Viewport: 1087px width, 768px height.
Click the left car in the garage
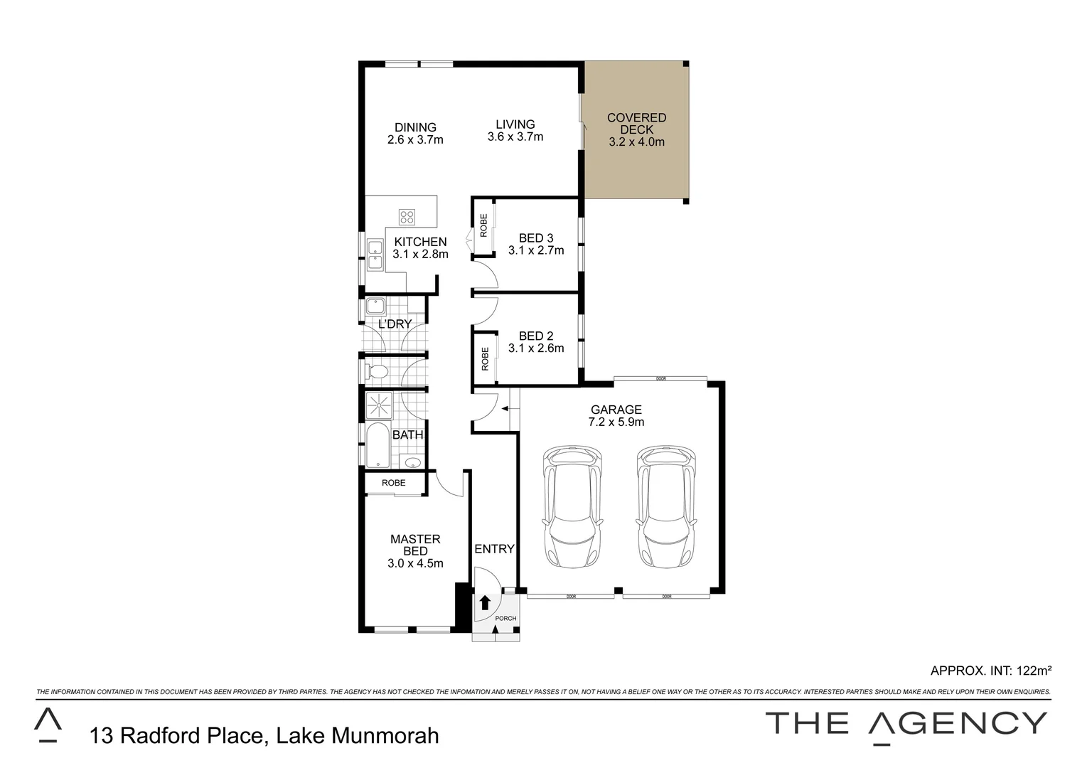point(572,507)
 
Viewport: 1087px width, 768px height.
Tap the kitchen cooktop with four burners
point(407,217)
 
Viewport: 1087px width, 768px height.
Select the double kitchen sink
point(375,255)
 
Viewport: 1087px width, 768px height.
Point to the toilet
point(377,371)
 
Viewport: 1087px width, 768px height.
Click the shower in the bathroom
point(378,405)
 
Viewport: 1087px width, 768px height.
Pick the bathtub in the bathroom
point(377,446)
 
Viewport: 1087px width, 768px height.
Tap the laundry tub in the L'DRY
point(375,307)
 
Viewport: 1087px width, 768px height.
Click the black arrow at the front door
point(485,603)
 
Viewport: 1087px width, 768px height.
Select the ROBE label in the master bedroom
point(393,483)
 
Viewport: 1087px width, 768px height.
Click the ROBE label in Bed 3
point(483,225)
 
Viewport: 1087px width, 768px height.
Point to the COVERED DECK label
point(636,124)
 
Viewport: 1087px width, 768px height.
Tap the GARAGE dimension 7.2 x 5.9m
point(616,422)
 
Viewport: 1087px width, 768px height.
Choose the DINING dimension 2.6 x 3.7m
point(415,140)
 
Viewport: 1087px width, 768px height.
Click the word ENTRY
point(494,549)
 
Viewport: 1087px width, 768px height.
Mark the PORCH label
point(505,619)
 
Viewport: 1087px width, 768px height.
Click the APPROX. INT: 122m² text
point(990,670)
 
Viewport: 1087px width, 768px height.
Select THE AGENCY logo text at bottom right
point(906,724)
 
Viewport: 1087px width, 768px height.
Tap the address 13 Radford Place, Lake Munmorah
point(264,735)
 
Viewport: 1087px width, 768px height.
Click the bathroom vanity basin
point(412,463)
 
